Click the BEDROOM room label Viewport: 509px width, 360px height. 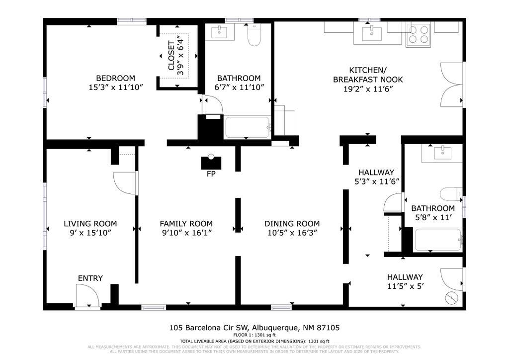click(x=115, y=78)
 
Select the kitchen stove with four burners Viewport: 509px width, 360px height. click(x=418, y=35)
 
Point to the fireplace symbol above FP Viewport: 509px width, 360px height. click(x=211, y=163)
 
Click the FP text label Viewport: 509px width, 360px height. click(x=211, y=175)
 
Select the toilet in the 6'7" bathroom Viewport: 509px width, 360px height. click(x=254, y=35)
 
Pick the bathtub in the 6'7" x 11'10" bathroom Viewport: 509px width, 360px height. click(x=247, y=128)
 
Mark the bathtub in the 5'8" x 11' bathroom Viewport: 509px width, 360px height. click(x=438, y=240)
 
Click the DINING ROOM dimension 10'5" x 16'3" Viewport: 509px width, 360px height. click(x=292, y=233)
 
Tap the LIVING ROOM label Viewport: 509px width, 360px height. click(x=90, y=223)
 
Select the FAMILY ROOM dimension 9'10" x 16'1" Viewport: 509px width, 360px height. click(x=186, y=233)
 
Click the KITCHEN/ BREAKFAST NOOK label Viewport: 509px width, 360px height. click(x=368, y=75)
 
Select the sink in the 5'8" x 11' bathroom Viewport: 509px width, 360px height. click(x=441, y=153)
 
